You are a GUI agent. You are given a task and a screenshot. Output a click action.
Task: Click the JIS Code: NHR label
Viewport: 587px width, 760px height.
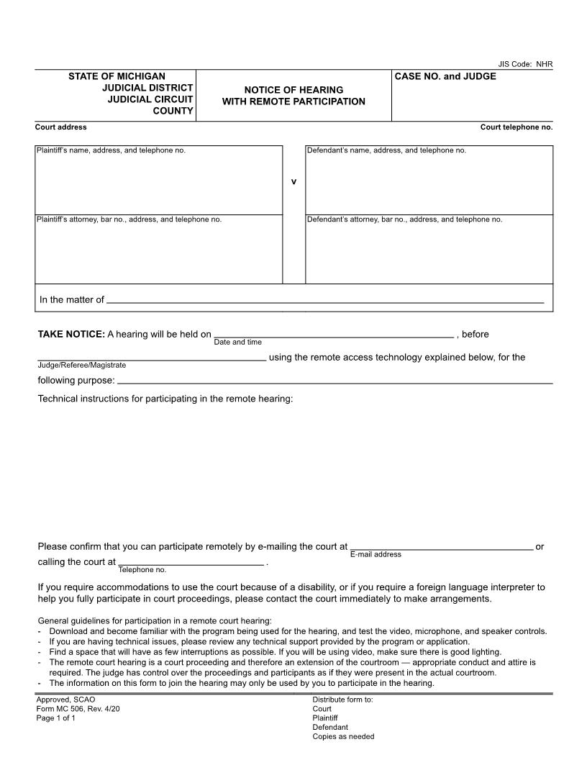pos(525,64)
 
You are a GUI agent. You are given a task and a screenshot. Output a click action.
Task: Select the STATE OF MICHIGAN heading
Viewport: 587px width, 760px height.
pos(117,76)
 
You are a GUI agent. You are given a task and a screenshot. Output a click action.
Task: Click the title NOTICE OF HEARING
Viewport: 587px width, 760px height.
pos(293,90)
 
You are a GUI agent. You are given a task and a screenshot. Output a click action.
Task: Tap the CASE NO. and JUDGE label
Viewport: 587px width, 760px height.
pos(445,76)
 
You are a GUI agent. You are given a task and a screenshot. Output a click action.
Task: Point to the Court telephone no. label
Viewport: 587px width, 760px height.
pos(517,127)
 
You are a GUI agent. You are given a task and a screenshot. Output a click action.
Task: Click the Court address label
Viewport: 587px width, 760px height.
pos(61,127)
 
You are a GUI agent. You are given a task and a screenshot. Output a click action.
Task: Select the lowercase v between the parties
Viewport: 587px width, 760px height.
pos(293,181)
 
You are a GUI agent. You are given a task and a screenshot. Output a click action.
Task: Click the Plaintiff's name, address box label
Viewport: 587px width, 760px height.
pos(111,150)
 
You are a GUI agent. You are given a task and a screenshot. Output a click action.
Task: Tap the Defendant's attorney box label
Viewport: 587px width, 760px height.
pos(404,220)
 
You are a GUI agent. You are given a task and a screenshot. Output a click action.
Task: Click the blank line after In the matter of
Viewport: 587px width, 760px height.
pos(324,301)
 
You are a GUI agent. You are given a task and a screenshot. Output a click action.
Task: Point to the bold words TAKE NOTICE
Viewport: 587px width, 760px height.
pos(71,334)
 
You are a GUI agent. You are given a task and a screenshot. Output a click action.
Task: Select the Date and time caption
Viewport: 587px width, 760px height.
pos(238,343)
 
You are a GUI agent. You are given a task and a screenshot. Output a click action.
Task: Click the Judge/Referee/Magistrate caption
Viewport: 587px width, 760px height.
pos(81,366)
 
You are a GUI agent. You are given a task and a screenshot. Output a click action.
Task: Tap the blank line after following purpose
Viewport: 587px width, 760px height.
pos(335,381)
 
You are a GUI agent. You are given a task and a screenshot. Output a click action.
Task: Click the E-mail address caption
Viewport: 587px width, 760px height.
pos(376,555)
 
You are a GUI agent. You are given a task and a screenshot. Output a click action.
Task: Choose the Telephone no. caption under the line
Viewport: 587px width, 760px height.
pos(142,570)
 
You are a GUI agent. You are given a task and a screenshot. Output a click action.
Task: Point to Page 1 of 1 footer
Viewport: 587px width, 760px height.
pos(56,718)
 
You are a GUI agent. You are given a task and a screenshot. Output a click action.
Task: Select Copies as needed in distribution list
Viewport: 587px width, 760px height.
pos(343,737)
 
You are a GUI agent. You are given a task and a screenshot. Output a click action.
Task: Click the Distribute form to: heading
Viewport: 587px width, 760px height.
pos(342,700)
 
